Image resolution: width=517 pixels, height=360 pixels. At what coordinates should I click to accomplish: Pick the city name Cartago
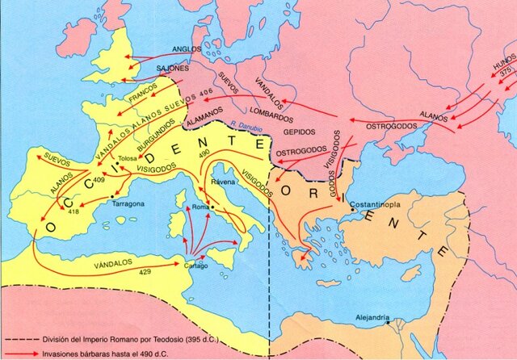[x=196, y=266]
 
